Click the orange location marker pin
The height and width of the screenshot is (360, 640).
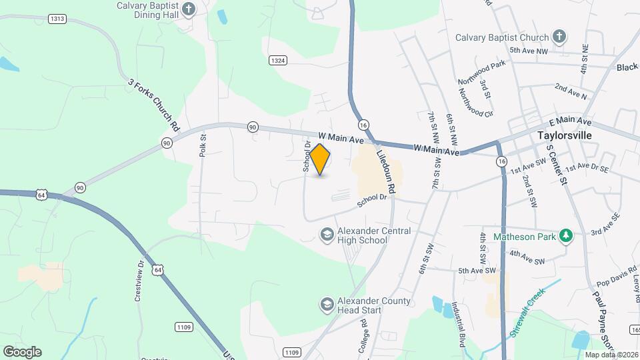[320, 159]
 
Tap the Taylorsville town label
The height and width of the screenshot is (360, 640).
[565, 135]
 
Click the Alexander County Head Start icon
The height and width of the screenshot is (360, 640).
[327, 305]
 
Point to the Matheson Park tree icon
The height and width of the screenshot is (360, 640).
[566, 235]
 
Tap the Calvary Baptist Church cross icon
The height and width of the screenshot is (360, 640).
[559, 37]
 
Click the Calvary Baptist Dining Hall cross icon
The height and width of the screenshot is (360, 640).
[189, 9]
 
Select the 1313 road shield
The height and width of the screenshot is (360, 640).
[57, 19]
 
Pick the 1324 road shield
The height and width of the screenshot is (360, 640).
[278, 61]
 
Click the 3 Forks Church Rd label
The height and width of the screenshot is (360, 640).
[154, 105]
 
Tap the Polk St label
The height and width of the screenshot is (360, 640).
[203, 145]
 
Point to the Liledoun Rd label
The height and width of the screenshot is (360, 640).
[385, 171]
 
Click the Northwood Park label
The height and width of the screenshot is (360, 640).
[482, 73]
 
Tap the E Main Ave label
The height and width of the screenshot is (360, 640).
[570, 122]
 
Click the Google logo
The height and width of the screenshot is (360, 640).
[22, 351]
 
